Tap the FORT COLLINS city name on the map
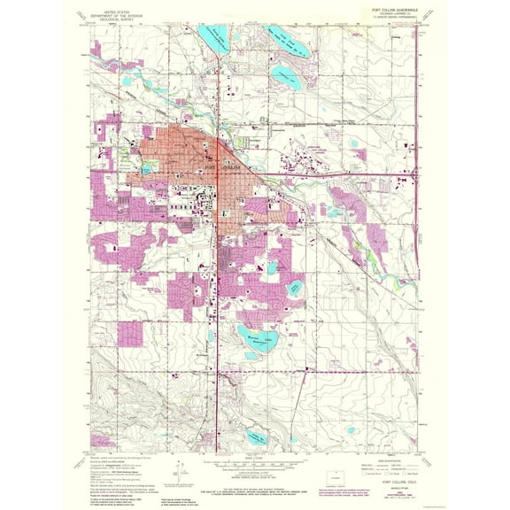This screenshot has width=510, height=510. [x=217, y=166]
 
